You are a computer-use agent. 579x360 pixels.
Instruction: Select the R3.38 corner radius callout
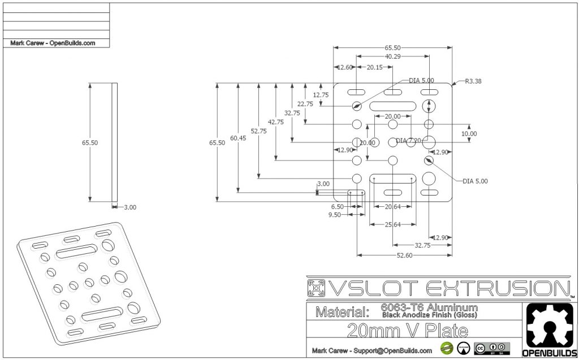click(473, 81)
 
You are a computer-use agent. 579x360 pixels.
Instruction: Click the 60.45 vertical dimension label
click(238, 138)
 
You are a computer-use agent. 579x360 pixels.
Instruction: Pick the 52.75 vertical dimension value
click(258, 131)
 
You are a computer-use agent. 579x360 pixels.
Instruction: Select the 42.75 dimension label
click(276, 122)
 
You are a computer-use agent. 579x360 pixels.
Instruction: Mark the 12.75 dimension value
click(320, 95)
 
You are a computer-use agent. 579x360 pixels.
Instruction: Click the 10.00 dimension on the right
click(469, 133)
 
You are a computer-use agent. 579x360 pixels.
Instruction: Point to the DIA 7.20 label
click(409, 140)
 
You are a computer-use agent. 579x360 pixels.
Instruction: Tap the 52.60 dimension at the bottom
click(404, 255)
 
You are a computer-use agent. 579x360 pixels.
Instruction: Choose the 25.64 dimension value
click(392, 224)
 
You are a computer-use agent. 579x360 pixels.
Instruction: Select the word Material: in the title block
click(342, 311)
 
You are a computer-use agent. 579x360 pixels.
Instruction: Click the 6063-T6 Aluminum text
click(429, 307)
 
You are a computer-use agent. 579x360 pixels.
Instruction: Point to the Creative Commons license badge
click(489, 348)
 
